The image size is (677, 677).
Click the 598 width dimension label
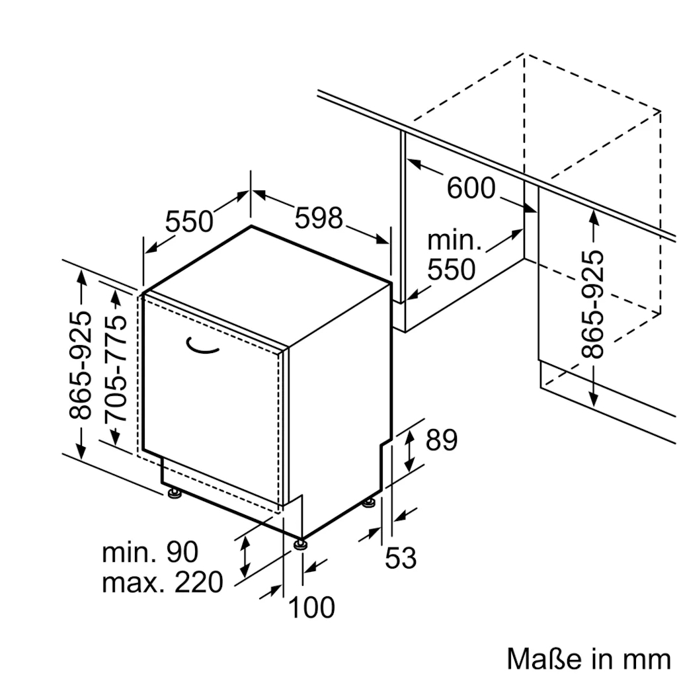click(x=319, y=218)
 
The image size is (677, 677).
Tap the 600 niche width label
click(x=471, y=188)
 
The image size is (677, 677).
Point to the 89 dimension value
click(x=442, y=440)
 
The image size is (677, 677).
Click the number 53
click(x=401, y=558)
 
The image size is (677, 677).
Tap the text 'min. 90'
click(x=149, y=553)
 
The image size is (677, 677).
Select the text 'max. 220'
click(x=163, y=582)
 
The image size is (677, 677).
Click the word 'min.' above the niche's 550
click(x=455, y=241)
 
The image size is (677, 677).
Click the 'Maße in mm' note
click(x=588, y=658)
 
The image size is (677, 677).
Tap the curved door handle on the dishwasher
click(x=202, y=346)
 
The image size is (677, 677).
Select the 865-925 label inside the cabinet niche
click(x=593, y=303)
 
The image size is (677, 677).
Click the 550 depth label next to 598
click(x=189, y=221)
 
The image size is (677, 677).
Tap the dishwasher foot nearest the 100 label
click(x=301, y=544)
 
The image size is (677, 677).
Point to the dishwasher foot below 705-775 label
click(x=174, y=493)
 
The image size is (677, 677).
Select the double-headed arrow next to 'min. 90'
click(x=245, y=555)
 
